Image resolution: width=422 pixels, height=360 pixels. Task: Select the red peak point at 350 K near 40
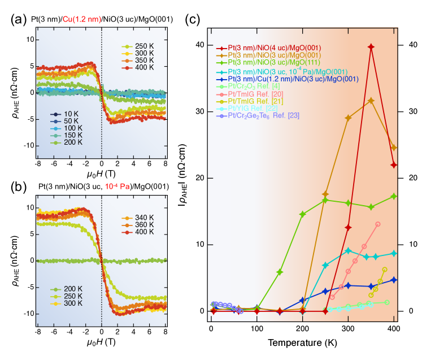coord(371,47)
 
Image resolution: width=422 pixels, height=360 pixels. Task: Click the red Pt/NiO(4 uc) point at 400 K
coord(394,165)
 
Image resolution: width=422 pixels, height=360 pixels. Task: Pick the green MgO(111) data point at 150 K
coord(280,272)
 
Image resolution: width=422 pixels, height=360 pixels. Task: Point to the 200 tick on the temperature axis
coord(302,328)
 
